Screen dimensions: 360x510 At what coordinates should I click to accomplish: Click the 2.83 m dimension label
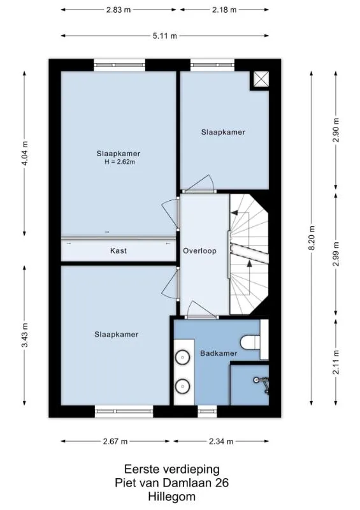[x=119, y=10]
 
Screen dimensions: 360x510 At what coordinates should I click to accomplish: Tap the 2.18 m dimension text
[x=224, y=10]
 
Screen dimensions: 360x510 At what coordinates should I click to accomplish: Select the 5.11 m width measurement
[x=165, y=36]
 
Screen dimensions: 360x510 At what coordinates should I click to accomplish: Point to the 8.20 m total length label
[x=312, y=238]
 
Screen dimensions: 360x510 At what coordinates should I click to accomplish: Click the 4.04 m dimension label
[x=25, y=152]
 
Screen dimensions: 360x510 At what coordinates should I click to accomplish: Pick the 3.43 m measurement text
[x=25, y=335]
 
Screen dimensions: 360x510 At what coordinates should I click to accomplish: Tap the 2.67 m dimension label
[x=115, y=441]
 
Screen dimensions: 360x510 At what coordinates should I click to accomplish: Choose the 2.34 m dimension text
[x=221, y=441]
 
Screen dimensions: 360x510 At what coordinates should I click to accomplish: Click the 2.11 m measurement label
[x=336, y=362]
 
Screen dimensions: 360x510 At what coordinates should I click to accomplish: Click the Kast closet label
[x=119, y=251]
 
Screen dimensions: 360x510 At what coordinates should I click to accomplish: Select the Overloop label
[x=199, y=251]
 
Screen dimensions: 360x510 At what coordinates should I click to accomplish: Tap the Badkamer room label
[x=219, y=353]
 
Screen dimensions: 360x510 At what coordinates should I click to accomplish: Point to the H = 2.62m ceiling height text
[x=120, y=162]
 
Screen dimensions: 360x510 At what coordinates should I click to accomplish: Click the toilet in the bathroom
[x=250, y=342]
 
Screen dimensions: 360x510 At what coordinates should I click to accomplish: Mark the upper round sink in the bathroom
[x=183, y=358]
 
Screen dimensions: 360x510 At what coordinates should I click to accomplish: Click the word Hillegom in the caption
[x=171, y=497]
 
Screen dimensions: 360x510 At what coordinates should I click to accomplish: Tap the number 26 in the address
[x=222, y=483]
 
